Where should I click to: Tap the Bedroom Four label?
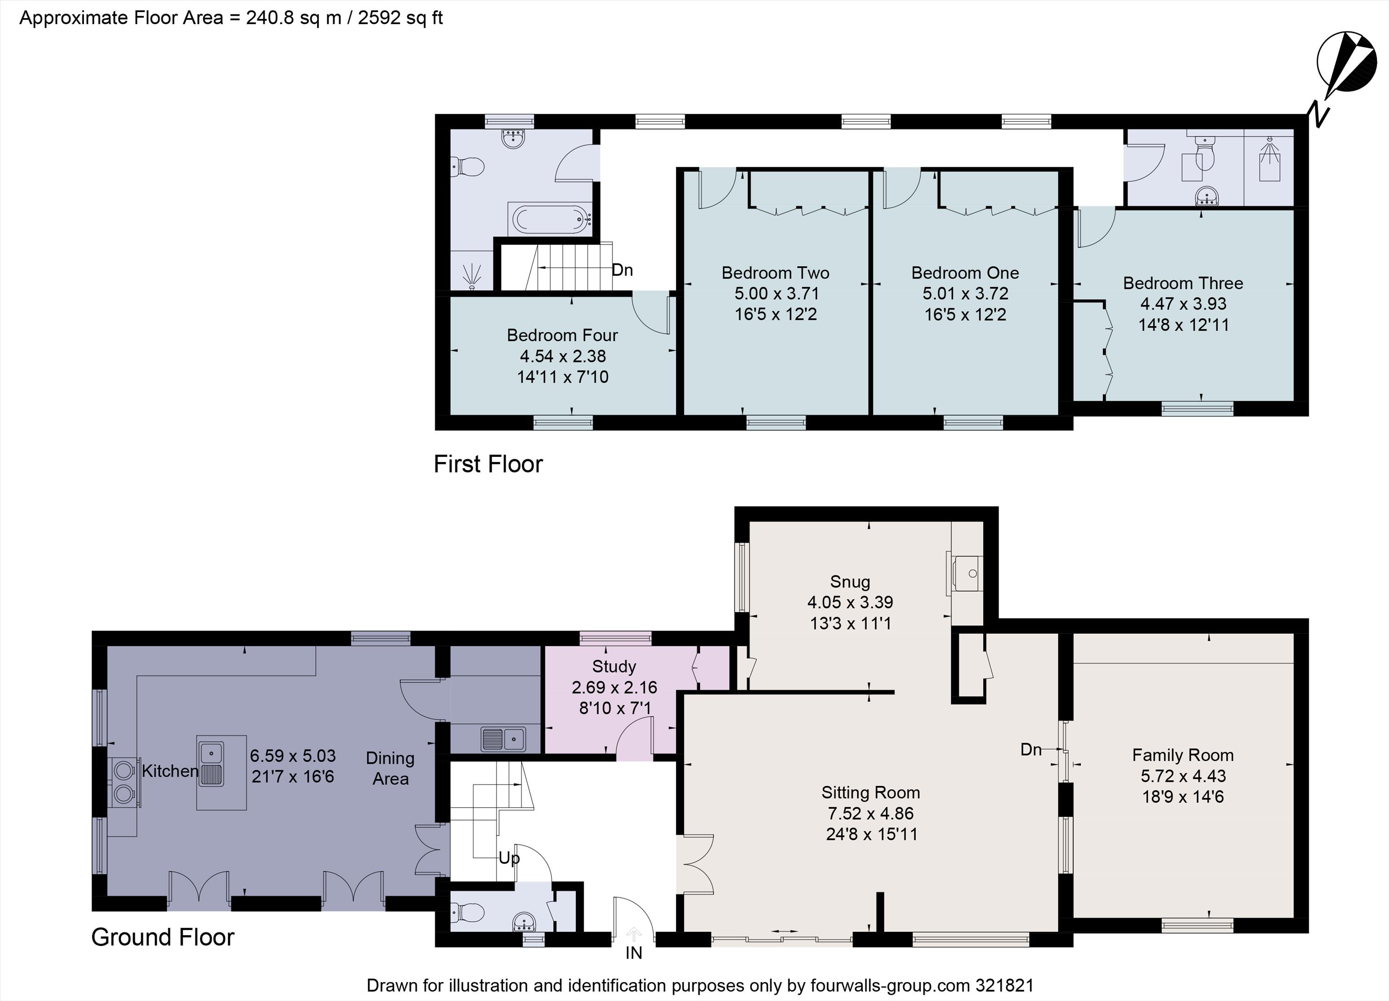pos(562,336)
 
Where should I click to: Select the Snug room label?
pos(850,582)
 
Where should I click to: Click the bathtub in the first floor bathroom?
pos(549,220)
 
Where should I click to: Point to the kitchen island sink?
pos(210,764)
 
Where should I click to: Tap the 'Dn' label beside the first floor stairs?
pos(622,270)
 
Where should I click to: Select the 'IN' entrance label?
pos(634,953)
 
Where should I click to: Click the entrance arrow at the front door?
pos(634,934)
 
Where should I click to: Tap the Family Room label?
pos(1183,755)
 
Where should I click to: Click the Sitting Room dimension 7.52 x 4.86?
pos(870,814)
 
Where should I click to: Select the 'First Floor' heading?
pos(488,464)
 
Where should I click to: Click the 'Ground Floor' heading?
pos(163,938)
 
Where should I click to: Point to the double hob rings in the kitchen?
pos(124,780)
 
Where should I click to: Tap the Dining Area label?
pos(390,768)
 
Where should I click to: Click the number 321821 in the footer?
pos(1004,986)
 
